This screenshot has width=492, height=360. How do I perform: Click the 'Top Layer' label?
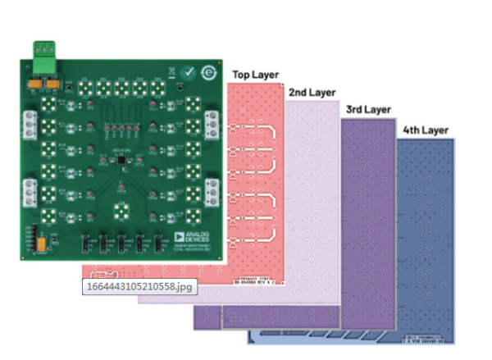pos(254,74)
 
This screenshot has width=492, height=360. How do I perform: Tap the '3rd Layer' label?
pos(367,109)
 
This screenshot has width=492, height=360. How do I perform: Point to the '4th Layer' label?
pos(426,130)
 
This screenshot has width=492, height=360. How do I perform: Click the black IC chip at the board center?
pos(121,162)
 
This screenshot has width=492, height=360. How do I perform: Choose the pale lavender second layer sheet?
pos(312,205)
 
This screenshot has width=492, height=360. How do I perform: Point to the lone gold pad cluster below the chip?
pos(121,212)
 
